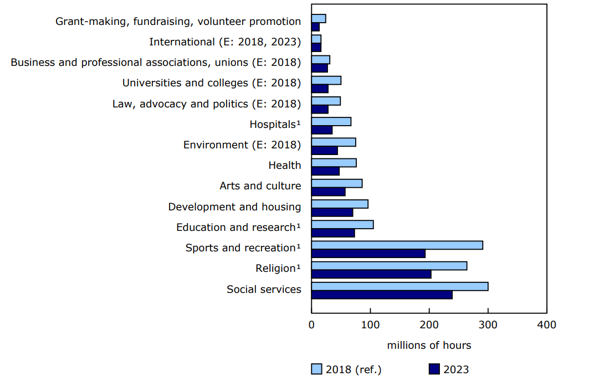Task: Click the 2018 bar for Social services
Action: pos(400,286)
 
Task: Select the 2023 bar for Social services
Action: pos(382,295)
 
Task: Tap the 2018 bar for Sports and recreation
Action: pos(397,245)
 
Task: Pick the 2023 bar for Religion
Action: pos(371,274)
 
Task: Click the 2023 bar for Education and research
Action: pos(333,233)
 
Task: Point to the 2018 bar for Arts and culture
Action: pos(337,183)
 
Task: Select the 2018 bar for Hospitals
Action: pos(331,122)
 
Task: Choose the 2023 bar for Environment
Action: pos(325,151)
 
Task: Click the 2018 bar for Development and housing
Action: pos(340,204)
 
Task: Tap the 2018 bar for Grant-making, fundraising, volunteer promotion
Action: pos(319,19)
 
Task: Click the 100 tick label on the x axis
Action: pos(370,325)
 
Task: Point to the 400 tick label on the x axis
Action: pos(547,325)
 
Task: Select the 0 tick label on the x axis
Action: pos(311,325)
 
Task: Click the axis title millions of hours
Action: pos(429,345)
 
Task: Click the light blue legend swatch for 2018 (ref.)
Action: pos(317,369)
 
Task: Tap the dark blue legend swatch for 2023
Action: pos(434,369)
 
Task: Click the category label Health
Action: pos(285,165)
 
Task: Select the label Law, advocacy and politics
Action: pos(207,104)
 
